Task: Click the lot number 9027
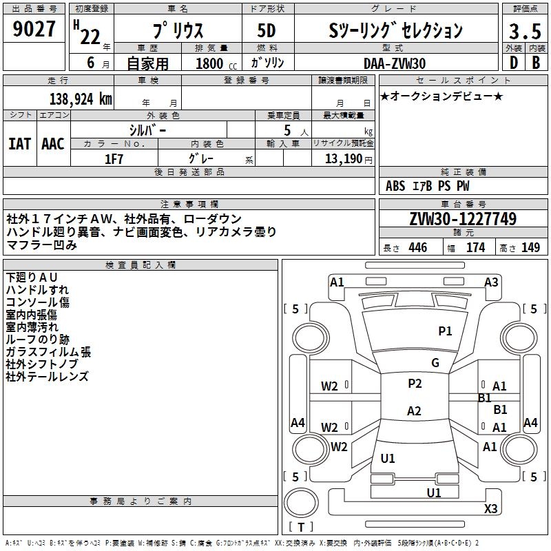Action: tap(34, 30)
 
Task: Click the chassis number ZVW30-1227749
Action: tap(463, 219)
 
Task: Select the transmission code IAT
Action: tap(19, 143)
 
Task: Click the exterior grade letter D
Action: tap(513, 63)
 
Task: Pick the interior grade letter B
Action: tap(536, 63)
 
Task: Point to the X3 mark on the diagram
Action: tap(490, 508)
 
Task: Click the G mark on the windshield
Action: tap(435, 363)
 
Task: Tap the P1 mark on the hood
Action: tap(445, 331)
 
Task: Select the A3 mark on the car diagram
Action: tap(491, 282)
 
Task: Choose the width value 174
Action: tap(475, 248)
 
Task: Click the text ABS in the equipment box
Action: tap(395, 186)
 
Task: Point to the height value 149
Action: tap(530, 248)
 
